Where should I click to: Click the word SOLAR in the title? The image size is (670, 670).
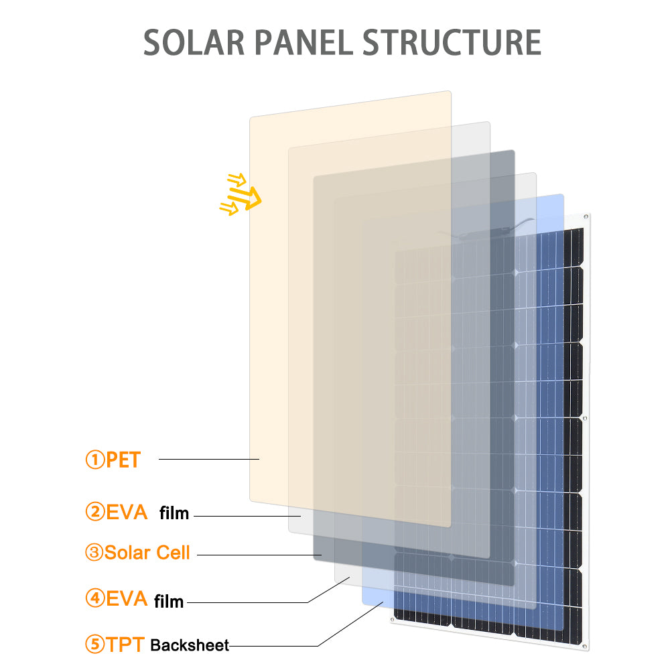(195, 42)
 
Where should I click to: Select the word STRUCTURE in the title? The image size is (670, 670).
(452, 42)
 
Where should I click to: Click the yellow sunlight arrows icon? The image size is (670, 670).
(241, 195)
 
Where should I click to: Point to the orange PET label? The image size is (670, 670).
(123, 460)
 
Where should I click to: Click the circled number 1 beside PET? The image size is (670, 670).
(94, 460)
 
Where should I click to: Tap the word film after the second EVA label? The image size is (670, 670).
(174, 514)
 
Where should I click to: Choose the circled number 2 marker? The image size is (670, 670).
(94, 513)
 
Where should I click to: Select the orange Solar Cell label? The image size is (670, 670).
(147, 553)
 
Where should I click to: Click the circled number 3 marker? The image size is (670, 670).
(94, 553)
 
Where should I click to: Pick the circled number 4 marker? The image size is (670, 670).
(94, 598)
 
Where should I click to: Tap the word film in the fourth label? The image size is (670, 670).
(169, 601)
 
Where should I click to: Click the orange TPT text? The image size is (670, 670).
(125, 645)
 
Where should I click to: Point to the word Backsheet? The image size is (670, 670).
(190, 646)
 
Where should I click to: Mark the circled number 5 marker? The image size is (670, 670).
(94, 645)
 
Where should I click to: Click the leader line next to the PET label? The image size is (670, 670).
(208, 459)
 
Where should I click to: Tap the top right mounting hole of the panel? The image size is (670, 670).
(586, 216)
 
